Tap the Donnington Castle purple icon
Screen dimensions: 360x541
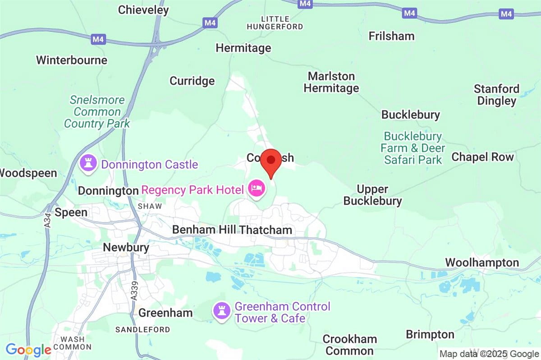(x=87, y=164)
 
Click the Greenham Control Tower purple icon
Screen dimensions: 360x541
(x=221, y=310)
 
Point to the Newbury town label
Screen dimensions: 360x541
(x=119, y=247)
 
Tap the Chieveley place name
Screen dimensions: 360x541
(x=143, y=10)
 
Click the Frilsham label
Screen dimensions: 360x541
(x=391, y=36)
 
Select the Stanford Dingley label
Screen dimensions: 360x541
(x=496, y=95)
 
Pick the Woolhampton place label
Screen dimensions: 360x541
(x=482, y=263)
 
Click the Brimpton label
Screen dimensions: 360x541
(x=430, y=334)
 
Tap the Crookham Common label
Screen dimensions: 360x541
(x=349, y=345)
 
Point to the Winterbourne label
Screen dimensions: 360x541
(x=72, y=60)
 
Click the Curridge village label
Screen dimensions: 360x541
(x=192, y=81)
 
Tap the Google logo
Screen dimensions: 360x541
(x=28, y=350)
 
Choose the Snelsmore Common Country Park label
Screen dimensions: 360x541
(x=97, y=111)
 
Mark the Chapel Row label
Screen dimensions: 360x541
(x=482, y=157)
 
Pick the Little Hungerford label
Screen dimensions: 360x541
(x=275, y=23)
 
